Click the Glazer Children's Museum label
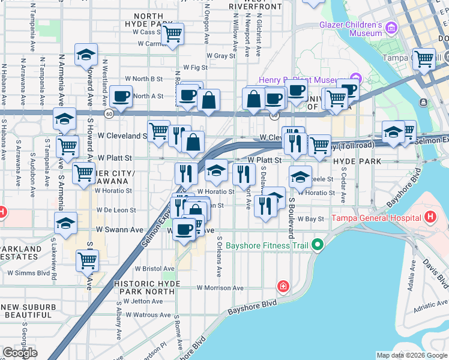351,29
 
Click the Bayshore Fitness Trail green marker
318,245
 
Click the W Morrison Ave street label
221,288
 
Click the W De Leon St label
114,210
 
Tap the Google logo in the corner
20,353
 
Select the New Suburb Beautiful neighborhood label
30,310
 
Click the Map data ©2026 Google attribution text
412,355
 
